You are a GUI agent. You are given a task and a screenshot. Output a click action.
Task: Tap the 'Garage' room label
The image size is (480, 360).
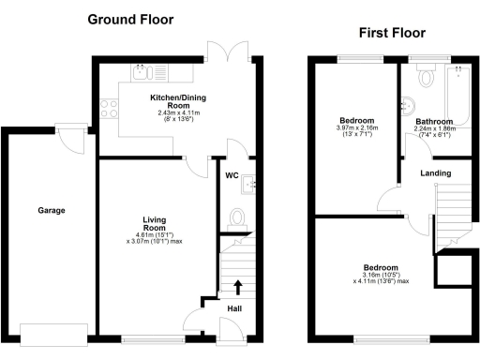pos(51,210)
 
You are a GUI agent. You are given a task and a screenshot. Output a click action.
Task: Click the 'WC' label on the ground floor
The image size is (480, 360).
pos(232,174)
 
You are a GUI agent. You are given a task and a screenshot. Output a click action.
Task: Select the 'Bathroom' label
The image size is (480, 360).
pos(434,122)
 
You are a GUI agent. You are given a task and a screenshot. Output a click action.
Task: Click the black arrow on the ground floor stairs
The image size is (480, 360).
pos(237,285)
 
